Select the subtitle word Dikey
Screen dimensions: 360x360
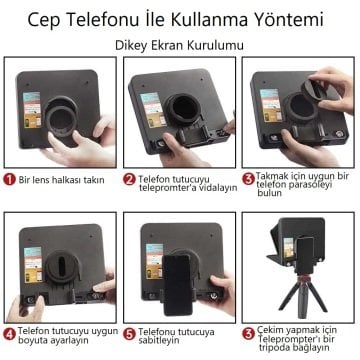pyautogui.click(x=136, y=45)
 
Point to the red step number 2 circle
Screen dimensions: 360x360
pyautogui.click(x=130, y=180)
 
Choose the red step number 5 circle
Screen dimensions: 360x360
pyautogui.click(x=130, y=332)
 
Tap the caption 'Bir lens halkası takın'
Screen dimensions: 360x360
pyautogui.click(x=62, y=180)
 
